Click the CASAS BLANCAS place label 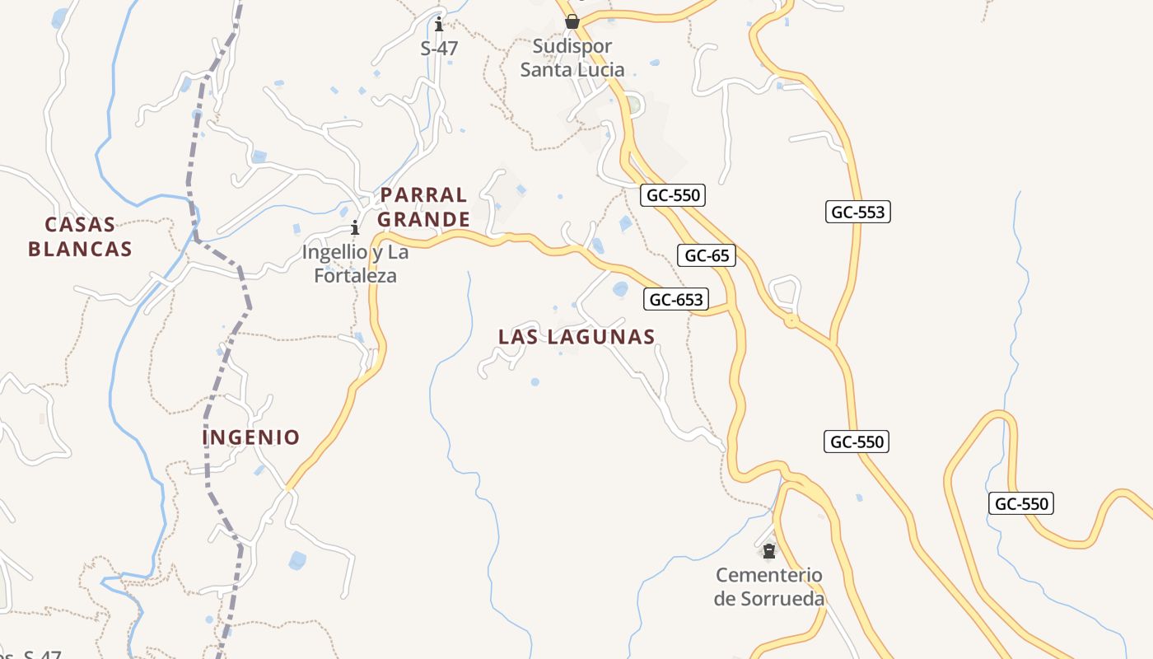coord(80,236)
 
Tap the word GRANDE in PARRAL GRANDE coord(423,220)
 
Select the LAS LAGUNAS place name coord(576,336)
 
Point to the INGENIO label coord(251,437)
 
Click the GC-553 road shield coord(857,212)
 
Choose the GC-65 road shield coord(707,255)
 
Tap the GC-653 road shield coord(676,300)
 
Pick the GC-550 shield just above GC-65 coord(673,195)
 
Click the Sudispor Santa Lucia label coord(572,58)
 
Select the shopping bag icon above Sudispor coord(572,21)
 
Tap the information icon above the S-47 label coord(439,24)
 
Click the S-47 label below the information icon coord(439,49)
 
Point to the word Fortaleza coord(355,275)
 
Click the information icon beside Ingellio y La coord(355,227)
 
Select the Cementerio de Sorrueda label coord(768,587)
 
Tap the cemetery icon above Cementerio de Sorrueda coord(769,550)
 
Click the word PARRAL coord(423,195)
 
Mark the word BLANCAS coord(80,249)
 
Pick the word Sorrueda coord(782,599)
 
